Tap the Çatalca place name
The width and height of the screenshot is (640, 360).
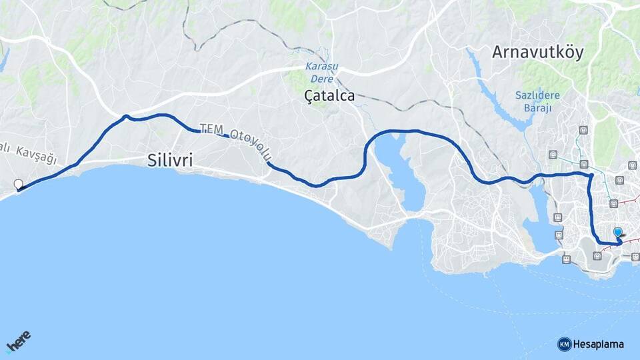click(329, 96)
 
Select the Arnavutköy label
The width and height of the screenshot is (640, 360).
click(538, 53)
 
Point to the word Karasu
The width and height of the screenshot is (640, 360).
click(321, 67)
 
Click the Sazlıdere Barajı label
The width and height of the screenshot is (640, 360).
click(537, 101)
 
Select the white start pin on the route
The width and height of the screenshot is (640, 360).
click(18, 185)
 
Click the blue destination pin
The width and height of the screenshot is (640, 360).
click(618, 233)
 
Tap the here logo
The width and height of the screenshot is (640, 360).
click(18, 342)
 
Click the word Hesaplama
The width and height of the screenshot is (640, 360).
click(598, 344)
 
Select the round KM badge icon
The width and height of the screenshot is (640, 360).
click(564, 344)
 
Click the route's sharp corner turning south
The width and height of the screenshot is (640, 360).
click(591, 175)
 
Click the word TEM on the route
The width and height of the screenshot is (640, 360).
click(211, 129)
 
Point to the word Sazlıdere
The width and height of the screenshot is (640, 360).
click(537, 95)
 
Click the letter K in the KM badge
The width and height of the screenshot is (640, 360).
click(562, 344)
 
